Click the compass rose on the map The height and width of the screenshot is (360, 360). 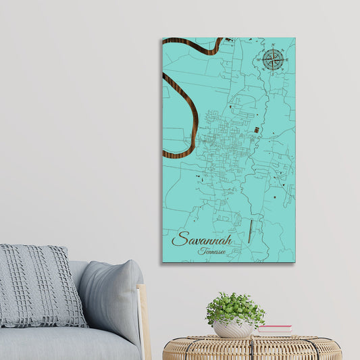point(272,59)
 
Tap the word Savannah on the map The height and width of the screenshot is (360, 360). point(202,240)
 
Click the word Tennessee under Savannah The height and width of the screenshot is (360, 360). point(211,251)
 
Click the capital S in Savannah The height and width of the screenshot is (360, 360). point(179,239)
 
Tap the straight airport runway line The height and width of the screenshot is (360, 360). point(250,231)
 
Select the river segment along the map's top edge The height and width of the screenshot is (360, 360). point(192,45)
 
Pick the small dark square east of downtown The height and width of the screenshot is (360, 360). point(256,129)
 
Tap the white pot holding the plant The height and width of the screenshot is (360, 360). point(234,328)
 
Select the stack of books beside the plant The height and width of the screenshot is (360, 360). point(274,330)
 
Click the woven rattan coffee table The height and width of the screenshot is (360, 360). point(251,347)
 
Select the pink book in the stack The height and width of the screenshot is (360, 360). point(274,328)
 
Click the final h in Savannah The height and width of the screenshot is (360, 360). point(228,239)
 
